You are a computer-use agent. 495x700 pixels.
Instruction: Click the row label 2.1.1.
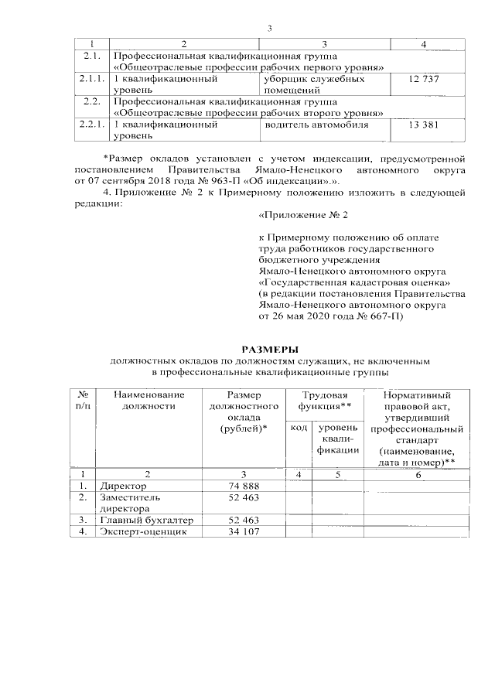click(92, 79)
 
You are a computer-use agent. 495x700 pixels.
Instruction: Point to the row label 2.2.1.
click(92, 124)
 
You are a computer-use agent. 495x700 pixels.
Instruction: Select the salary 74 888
click(243, 485)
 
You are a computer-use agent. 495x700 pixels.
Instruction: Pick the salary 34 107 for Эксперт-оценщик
click(243, 532)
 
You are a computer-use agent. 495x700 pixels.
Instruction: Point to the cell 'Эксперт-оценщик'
click(142, 532)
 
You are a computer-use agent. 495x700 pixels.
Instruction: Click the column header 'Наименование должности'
click(149, 401)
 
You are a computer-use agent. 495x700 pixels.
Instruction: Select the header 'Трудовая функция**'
click(326, 401)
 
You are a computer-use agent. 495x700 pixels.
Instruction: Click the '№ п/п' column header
click(82, 401)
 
